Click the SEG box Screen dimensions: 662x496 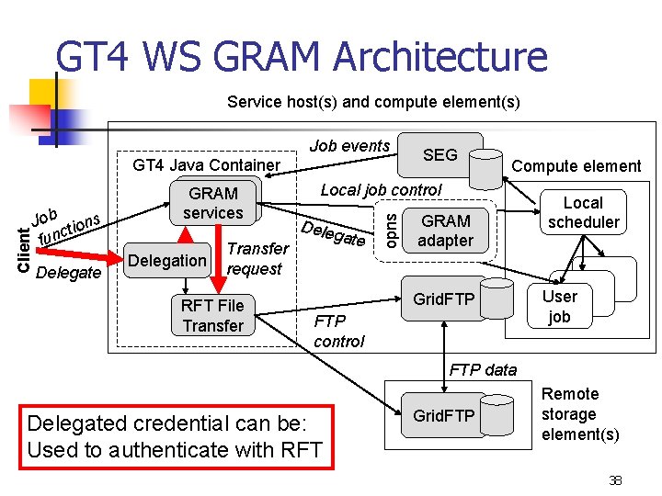pyautogui.click(x=440, y=155)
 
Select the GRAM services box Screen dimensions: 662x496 pyautogui.click(x=213, y=203)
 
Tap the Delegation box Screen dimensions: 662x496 pyautogui.click(x=167, y=260)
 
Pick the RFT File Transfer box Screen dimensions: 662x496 pyautogui.click(x=212, y=315)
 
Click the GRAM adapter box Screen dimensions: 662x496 pyautogui.click(x=445, y=231)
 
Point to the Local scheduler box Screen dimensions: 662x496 pyautogui.click(x=583, y=212)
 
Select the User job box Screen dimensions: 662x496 pyautogui.click(x=560, y=306)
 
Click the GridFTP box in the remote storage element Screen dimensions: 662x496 pyautogui.click(x=443, y=415)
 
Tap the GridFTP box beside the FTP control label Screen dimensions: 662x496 pyautogui.click(x=443, y=299)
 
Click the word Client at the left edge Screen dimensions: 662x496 pyautogui.click(x=24, y=250)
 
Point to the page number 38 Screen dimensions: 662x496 pyautogui.click(x=615, y=480)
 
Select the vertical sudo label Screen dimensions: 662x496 pyautogui.click(x=392, y=231)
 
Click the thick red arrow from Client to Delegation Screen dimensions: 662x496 pyautogui.click(x=79, y=254)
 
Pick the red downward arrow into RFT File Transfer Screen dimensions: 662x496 pyautogui.click(x=218, y=258)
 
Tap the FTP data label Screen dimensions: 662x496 pyautogui.click(x=483, y=370)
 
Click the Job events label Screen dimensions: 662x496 pyautogui.click(x=349, y=146)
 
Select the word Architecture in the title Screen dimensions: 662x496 pyautogui.click(x=440, y=56)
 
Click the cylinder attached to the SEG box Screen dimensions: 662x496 pyautogui.click(x=486, y=169)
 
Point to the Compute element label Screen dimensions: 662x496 pyautogui.click(x=576, y=166)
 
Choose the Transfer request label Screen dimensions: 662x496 pyautogui.click(x=258, y=258)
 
